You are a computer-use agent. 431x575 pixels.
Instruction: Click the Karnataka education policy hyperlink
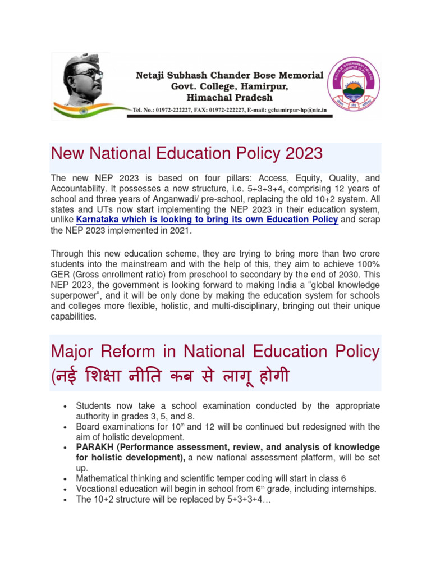click(x=207, y=220)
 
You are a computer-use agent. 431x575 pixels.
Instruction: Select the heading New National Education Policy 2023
click(x=186, y=153)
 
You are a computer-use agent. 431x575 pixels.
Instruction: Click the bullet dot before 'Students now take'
click(x=66, y=406)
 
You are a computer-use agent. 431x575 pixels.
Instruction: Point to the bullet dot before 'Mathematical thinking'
click(x=66, y=479)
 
